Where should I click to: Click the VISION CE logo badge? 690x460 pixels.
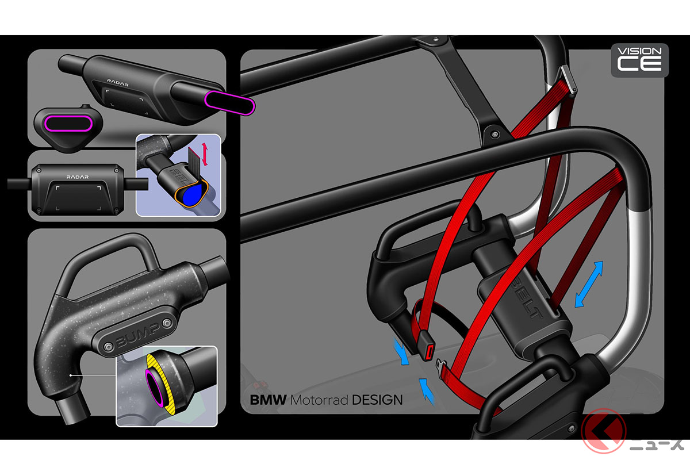point(640,60)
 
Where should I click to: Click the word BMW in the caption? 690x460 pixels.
point(268,400)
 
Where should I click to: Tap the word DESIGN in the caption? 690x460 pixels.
point(377,400)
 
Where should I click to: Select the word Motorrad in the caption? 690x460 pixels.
point(319,400)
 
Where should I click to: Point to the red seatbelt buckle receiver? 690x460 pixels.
point(427,345)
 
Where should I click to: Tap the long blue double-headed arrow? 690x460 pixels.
point(589,285)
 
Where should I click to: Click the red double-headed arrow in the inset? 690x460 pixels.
point(205,154)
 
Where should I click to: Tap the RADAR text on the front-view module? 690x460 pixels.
point(78,177)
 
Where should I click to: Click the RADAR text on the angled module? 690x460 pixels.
point(118,82)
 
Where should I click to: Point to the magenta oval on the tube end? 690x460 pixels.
point(230,103)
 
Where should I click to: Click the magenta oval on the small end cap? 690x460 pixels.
point(68,124)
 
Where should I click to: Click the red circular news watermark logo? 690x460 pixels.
point(603,431)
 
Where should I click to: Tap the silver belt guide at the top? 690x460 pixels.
point(569,79)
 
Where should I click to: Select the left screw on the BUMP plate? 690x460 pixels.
point(108,347)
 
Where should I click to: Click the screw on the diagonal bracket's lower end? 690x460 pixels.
point(495,135)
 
